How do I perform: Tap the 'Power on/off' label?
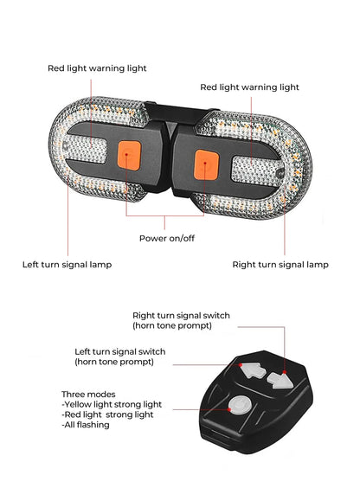[x=167, y=238]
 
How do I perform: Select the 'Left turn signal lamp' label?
[x=67, y=263]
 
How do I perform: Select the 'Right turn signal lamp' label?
[x=280, y=263]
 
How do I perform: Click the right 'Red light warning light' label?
[x=249, y=87]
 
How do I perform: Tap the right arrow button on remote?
[x=279, y=379]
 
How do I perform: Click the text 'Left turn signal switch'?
[x=132, y=351]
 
